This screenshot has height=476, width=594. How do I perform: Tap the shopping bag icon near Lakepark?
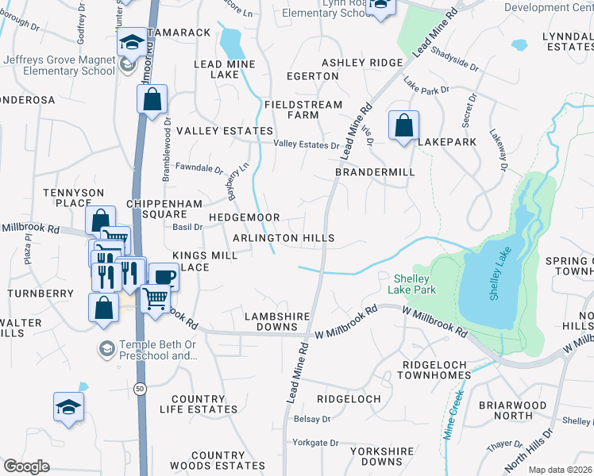(x=403, y=125)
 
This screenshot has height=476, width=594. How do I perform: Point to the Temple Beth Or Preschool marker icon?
(x=105, y=348)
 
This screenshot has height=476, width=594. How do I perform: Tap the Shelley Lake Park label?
(x=414, y=284)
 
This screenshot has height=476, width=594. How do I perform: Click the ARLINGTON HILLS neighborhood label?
(x=283, y=238)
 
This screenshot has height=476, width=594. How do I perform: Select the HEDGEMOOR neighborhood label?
(x=244, y=217)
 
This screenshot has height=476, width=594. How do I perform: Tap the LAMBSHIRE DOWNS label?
(x=276, y=321)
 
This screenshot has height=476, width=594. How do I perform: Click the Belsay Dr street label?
(x=312, y=418)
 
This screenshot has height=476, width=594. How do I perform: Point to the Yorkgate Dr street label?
(x=315, y=443)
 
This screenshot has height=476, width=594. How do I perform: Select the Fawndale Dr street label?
(x=199, y=168)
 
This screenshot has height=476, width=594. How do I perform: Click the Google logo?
(x=26, y=466)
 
